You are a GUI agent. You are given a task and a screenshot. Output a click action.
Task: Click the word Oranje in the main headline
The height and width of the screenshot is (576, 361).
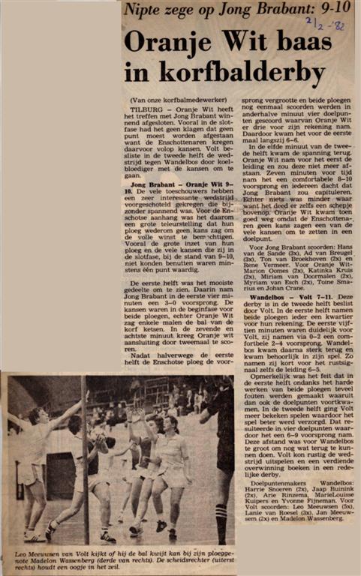[164, 42]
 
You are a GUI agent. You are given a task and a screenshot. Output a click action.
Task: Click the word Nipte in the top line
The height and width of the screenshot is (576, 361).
[143, 10]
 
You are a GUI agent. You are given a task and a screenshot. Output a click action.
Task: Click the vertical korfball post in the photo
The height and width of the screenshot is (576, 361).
[85, 457]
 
